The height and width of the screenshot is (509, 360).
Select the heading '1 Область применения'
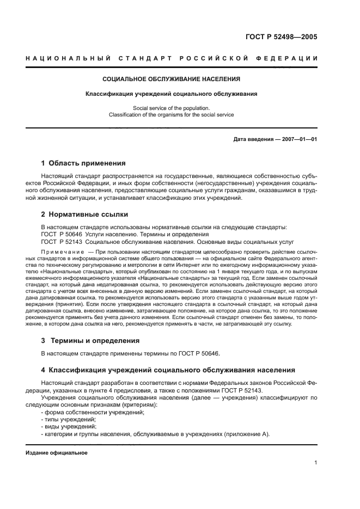pyautogui.click(x=83, y=163)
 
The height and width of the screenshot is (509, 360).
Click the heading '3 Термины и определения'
pyautogui.click(x=88, y=340)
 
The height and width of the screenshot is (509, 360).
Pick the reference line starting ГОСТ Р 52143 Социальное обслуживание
pyautogui.click(x=167, y=241)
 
